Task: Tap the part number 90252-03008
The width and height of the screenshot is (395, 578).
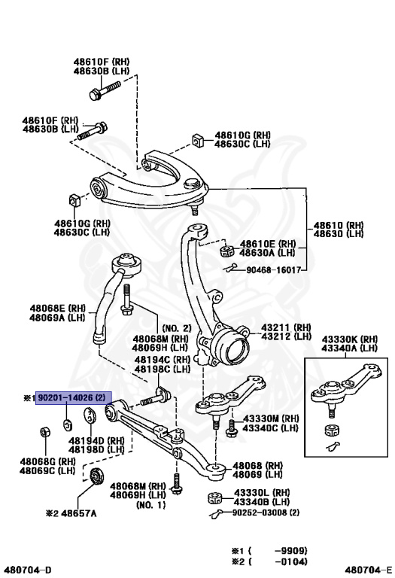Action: (260, 513)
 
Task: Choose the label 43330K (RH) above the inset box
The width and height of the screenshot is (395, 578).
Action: (348, 339)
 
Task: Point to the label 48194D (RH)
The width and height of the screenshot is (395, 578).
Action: (106, 440)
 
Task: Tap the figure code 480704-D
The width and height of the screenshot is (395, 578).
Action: (27, 570)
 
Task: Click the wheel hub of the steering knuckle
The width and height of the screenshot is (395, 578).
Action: (235, 349)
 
